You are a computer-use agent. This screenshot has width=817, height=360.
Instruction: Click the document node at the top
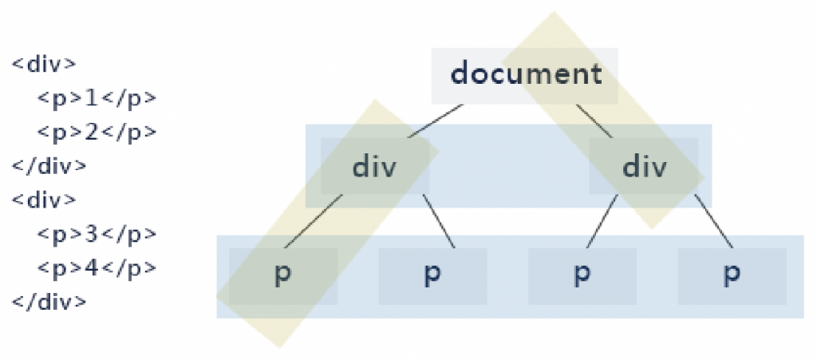[x=525, y=75]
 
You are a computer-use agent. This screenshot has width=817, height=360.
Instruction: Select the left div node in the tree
[x=374, y=168]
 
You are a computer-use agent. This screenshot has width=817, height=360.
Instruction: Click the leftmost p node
[x=282, y=275]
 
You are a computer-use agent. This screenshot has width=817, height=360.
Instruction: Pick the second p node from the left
[x=432, y=275]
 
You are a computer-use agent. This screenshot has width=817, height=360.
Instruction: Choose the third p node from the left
[x=582, y=275]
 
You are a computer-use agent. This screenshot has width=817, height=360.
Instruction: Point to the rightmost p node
[x=731, y=275]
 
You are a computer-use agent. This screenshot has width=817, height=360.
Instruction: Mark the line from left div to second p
[x=439, y=221]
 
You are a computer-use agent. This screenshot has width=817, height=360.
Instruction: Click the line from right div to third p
[x=602, y=221]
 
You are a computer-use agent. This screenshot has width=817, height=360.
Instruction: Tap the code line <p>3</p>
[x=96, y=235]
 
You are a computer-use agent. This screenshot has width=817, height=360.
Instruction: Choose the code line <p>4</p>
[x=96, y=268]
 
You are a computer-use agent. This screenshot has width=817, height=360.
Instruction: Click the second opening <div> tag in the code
[x=44, y=200]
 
